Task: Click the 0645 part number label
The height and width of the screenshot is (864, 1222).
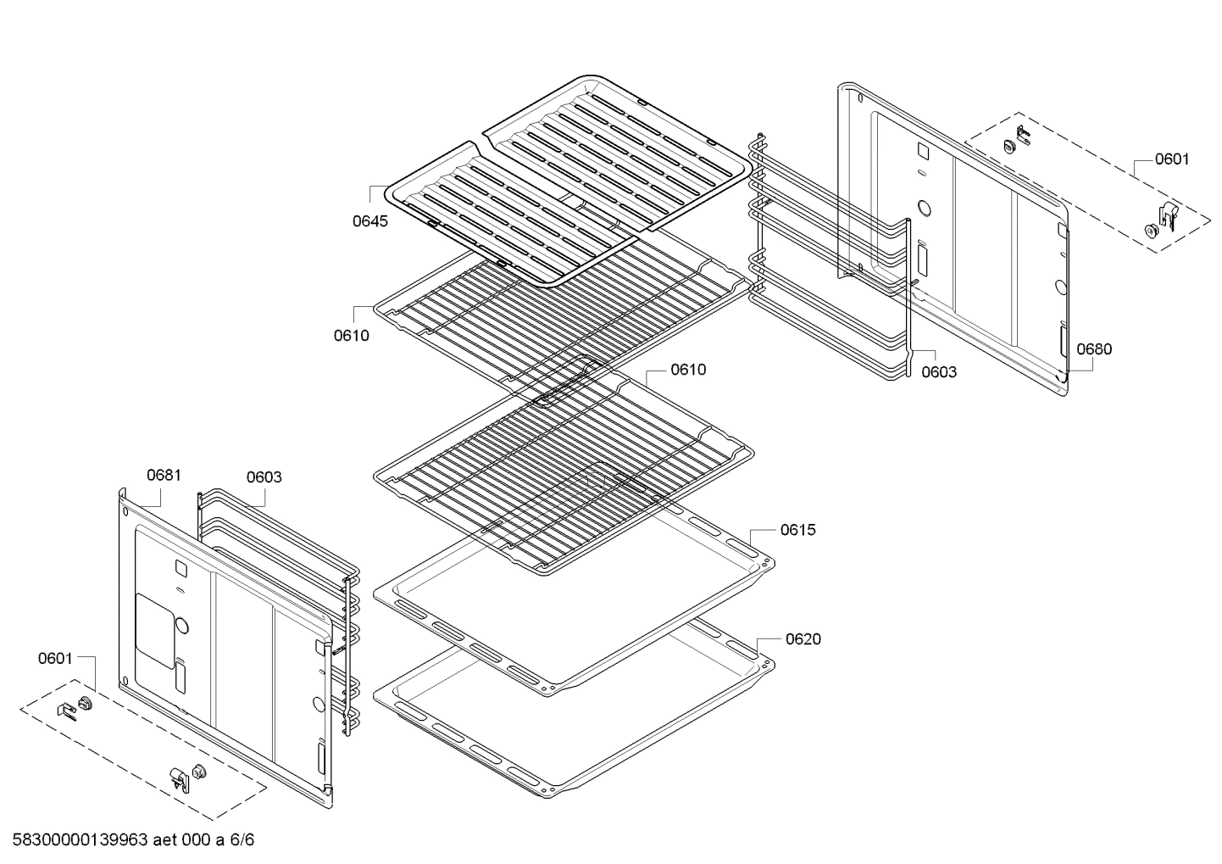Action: click(x=370, y=222)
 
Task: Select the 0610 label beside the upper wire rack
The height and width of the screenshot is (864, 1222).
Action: click(x=351, y=335)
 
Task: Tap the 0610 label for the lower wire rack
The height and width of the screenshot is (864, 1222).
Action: click(x=687, y=370)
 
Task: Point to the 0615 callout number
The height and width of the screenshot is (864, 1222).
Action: click(x=797, y=530)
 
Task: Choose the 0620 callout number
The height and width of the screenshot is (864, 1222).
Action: click(x=803, y=639)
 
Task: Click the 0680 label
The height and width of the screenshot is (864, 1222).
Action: click(x=1094, y=348)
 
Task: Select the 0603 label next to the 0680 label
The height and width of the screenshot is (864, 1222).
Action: click(x=939, y=371)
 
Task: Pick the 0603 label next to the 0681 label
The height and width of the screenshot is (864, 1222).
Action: click(x=264, y=477)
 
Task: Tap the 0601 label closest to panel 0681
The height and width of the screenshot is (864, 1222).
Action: click(x=55, y=658)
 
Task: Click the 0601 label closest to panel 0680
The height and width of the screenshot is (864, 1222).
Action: click(x=1171, y=159)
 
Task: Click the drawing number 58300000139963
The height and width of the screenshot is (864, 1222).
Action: click(x=81, y=840)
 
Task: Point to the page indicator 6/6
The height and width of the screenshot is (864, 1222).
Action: click(x=242, y=840)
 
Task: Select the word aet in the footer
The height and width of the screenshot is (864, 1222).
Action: click(x=168, y=840)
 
